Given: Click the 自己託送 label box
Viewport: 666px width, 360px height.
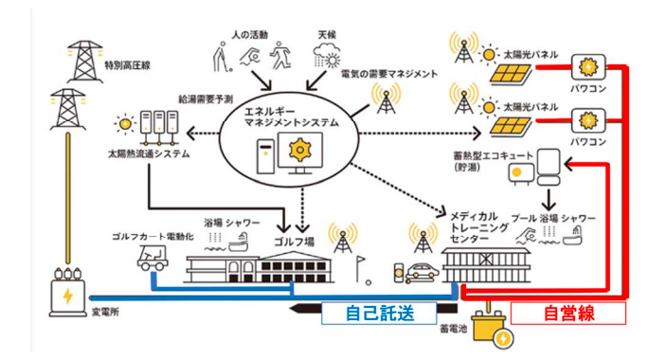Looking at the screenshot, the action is point(379,314).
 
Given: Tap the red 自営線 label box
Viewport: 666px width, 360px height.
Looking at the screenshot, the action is point(567,314).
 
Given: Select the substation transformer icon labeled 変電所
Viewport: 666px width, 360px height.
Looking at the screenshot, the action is point(68,292).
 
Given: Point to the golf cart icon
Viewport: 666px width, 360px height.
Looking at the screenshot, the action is point(153,258).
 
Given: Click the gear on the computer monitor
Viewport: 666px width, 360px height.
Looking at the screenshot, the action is point(300,150).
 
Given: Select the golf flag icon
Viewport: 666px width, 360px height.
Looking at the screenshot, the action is point(363,270).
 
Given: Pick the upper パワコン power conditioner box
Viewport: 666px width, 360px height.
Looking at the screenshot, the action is point(588,67).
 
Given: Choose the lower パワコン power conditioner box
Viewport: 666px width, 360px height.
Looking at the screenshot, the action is point(588,121).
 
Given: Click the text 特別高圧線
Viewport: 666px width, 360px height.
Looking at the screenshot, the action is point(128,65).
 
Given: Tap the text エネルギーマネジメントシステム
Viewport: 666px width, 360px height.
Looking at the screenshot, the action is point(292,117).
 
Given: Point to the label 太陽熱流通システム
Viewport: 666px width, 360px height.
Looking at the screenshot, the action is point(149,153).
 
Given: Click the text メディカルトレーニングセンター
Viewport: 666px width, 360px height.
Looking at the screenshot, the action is point(478,227).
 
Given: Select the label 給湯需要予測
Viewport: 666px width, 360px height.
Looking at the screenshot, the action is point(206,99).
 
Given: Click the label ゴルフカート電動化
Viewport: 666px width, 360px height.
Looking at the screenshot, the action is point(153,237).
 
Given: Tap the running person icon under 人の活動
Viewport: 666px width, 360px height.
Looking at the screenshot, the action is point(280,55).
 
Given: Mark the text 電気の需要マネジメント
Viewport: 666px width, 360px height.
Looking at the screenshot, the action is point(389,74).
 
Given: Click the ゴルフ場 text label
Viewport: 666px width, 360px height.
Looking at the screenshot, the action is point(294,242).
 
